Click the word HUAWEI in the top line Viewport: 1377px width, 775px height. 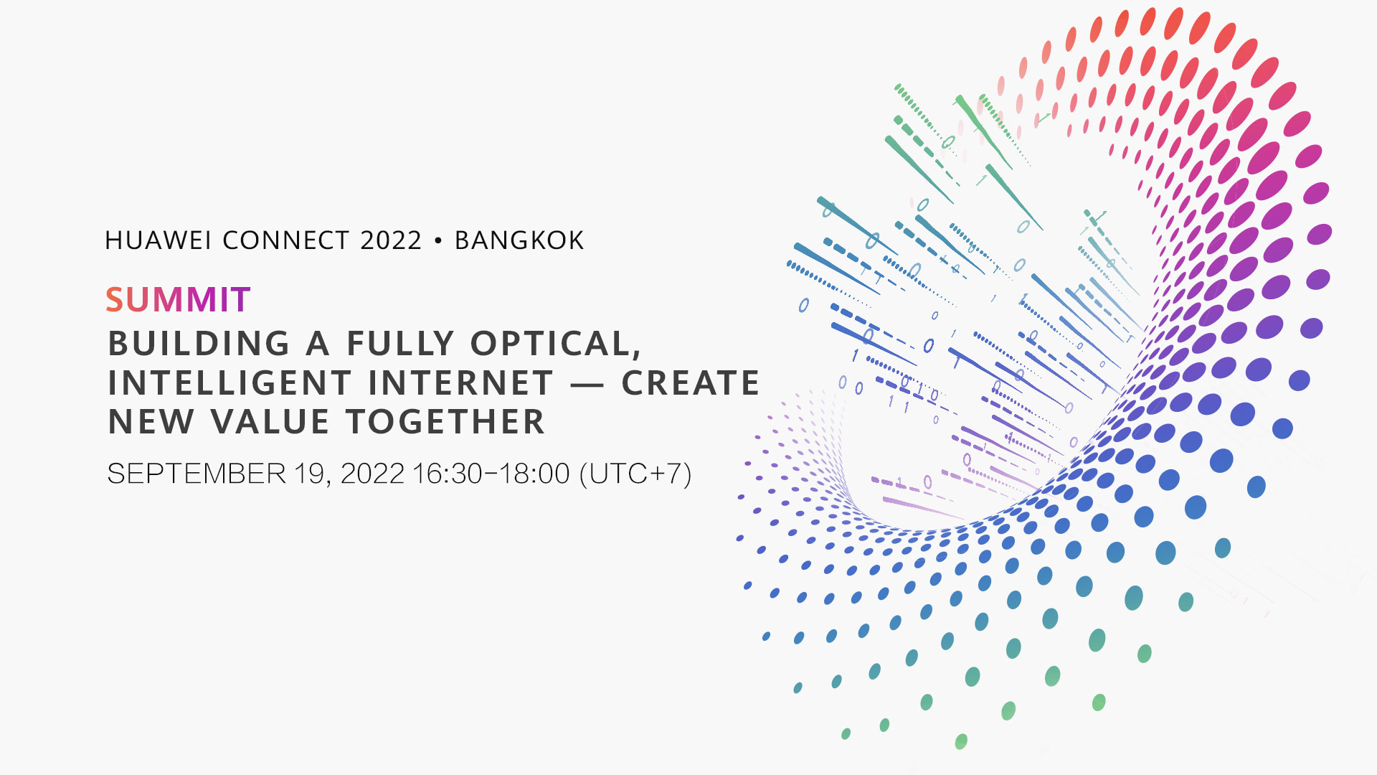158,240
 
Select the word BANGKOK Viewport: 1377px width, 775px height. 519,240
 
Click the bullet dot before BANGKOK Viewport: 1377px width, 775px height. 438,241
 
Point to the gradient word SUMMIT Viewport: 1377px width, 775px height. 178,300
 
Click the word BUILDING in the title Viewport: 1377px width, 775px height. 199,344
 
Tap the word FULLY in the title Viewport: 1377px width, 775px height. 401,344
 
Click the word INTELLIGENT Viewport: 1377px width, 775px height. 229,383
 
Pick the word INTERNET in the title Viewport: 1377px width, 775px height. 461,383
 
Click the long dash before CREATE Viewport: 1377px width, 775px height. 587,385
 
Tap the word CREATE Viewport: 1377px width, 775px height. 690,383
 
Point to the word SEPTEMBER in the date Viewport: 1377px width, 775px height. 197,474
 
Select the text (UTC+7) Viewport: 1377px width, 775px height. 635,474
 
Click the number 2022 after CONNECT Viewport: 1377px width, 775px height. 391,240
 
